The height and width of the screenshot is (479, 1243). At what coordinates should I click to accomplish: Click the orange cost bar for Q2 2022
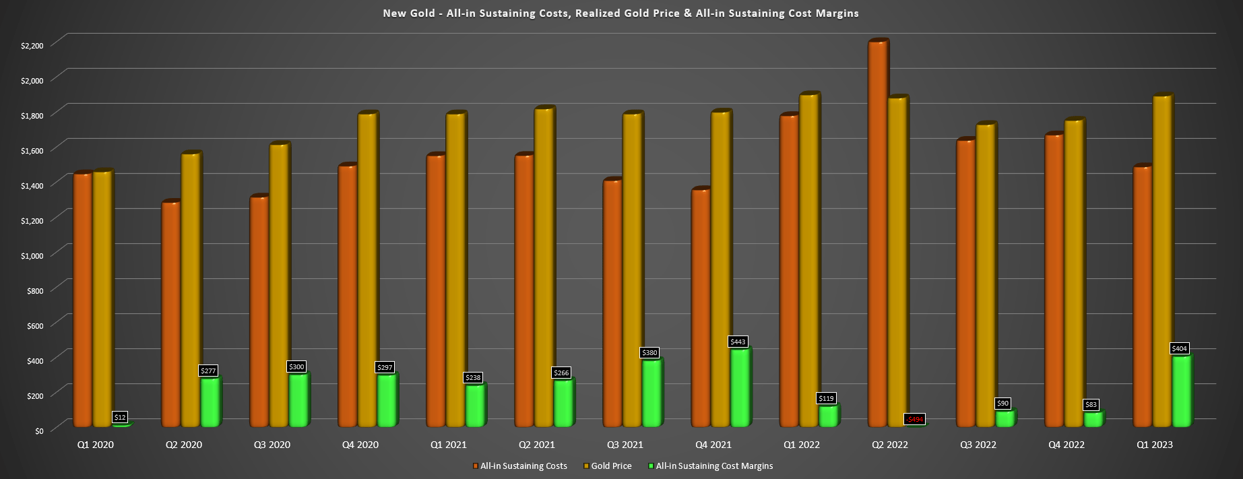point(877,236)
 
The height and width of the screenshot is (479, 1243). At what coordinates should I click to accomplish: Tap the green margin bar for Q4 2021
point(740,387)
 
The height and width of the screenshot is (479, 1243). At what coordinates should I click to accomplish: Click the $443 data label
point(738,342)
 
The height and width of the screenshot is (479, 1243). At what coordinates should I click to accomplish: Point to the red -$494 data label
point(914,419)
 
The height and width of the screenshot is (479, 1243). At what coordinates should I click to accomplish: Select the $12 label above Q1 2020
point(120,417)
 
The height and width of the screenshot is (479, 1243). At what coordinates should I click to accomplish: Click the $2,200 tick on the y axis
point(32,45)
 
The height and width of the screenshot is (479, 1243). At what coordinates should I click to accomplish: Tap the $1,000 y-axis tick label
point(32,255)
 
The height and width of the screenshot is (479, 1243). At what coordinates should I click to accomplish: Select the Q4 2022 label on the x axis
point(1066,445)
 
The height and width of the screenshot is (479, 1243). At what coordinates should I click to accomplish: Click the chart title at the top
point(620,13)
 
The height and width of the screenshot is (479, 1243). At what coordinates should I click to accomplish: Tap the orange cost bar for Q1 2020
point(82,300)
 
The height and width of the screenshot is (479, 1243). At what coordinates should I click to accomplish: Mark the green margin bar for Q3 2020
point(298,400)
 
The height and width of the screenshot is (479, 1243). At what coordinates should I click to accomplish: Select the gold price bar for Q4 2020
point(366,269)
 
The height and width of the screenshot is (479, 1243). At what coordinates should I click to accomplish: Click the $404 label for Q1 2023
point(1180,348)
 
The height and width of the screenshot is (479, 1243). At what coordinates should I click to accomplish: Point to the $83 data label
point(1091,405)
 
